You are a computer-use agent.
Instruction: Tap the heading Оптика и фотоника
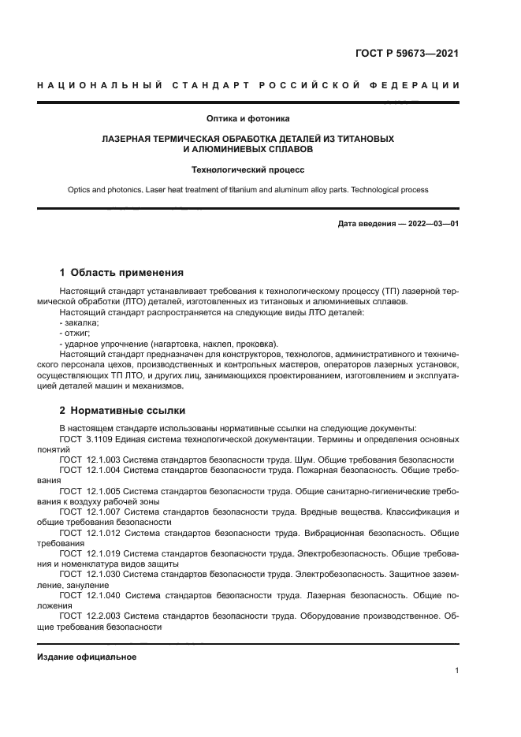pyautogui.click(x=248, y=119)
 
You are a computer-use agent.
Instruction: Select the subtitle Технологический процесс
pyautogui.click(x=248, y=169)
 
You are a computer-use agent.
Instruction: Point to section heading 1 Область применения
pyautogui.click(x=121, y=273)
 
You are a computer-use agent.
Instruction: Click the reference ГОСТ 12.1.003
pyautogui.click(x=91, y=460)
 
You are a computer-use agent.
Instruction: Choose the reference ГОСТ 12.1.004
pyautogui.click(x=91, y=470)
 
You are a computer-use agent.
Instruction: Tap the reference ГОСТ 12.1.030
pyautogui.click(x=91, y=575)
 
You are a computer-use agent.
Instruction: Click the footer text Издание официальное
pyautogui.click(x=87, y=657)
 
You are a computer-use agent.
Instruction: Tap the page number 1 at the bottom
pyautogui.click(x=456, y=671)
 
